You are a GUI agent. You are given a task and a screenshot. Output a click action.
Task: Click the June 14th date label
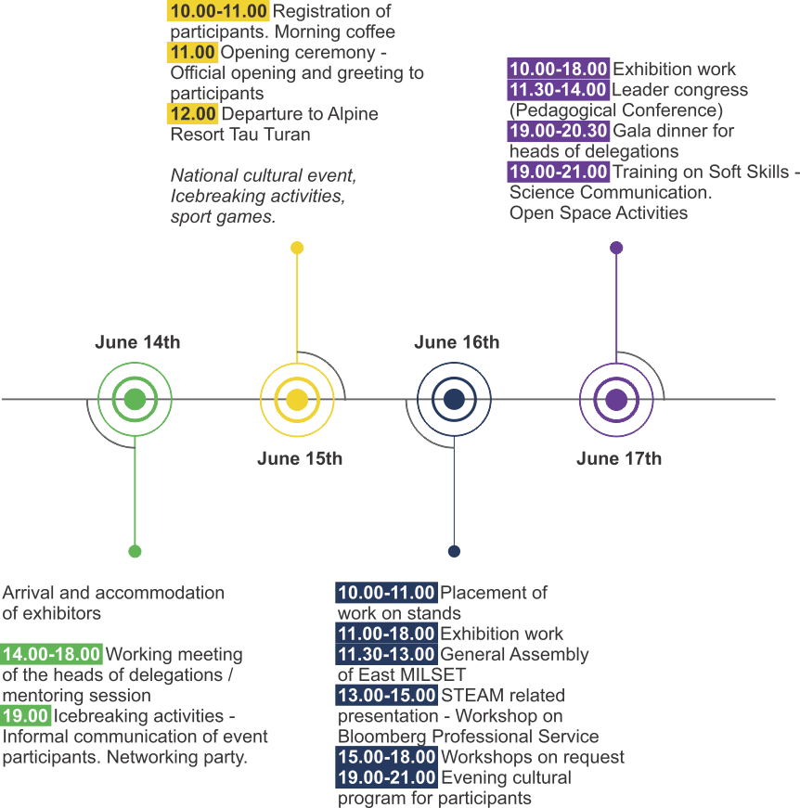coord(137,342)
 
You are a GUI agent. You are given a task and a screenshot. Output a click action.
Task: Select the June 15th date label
coord(300,458)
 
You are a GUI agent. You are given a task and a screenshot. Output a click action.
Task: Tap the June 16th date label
coord(457,342)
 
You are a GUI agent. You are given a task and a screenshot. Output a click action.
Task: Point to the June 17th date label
coord(618,458)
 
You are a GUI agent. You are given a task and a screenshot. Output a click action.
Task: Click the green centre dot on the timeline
coord(135,400)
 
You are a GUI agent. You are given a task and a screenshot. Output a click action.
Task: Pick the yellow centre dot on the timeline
coord(297,400)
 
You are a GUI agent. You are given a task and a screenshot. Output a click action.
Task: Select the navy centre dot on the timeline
coord(454,400)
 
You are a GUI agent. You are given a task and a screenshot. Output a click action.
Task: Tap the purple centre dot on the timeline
coord(616,400)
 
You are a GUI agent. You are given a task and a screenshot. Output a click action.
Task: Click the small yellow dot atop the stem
coord(297,248)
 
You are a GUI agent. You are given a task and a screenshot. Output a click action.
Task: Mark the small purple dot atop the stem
coord(616,248)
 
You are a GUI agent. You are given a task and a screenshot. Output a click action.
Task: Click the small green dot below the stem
coord(135,551)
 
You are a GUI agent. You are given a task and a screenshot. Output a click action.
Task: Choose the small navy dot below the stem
coord(454,551)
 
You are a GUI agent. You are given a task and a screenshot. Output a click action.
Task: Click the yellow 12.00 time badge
coord(192,114)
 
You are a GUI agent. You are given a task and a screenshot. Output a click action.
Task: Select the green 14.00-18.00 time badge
coord(51,654)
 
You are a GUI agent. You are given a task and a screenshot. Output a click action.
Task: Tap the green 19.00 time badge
coord(25,716)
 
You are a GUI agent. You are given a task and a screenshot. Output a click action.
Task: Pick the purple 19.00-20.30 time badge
coord(559,131)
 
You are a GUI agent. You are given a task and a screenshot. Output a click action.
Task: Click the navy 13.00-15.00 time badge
coord(387,695)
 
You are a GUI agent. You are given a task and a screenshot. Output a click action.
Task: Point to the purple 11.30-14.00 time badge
coord(559,90)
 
